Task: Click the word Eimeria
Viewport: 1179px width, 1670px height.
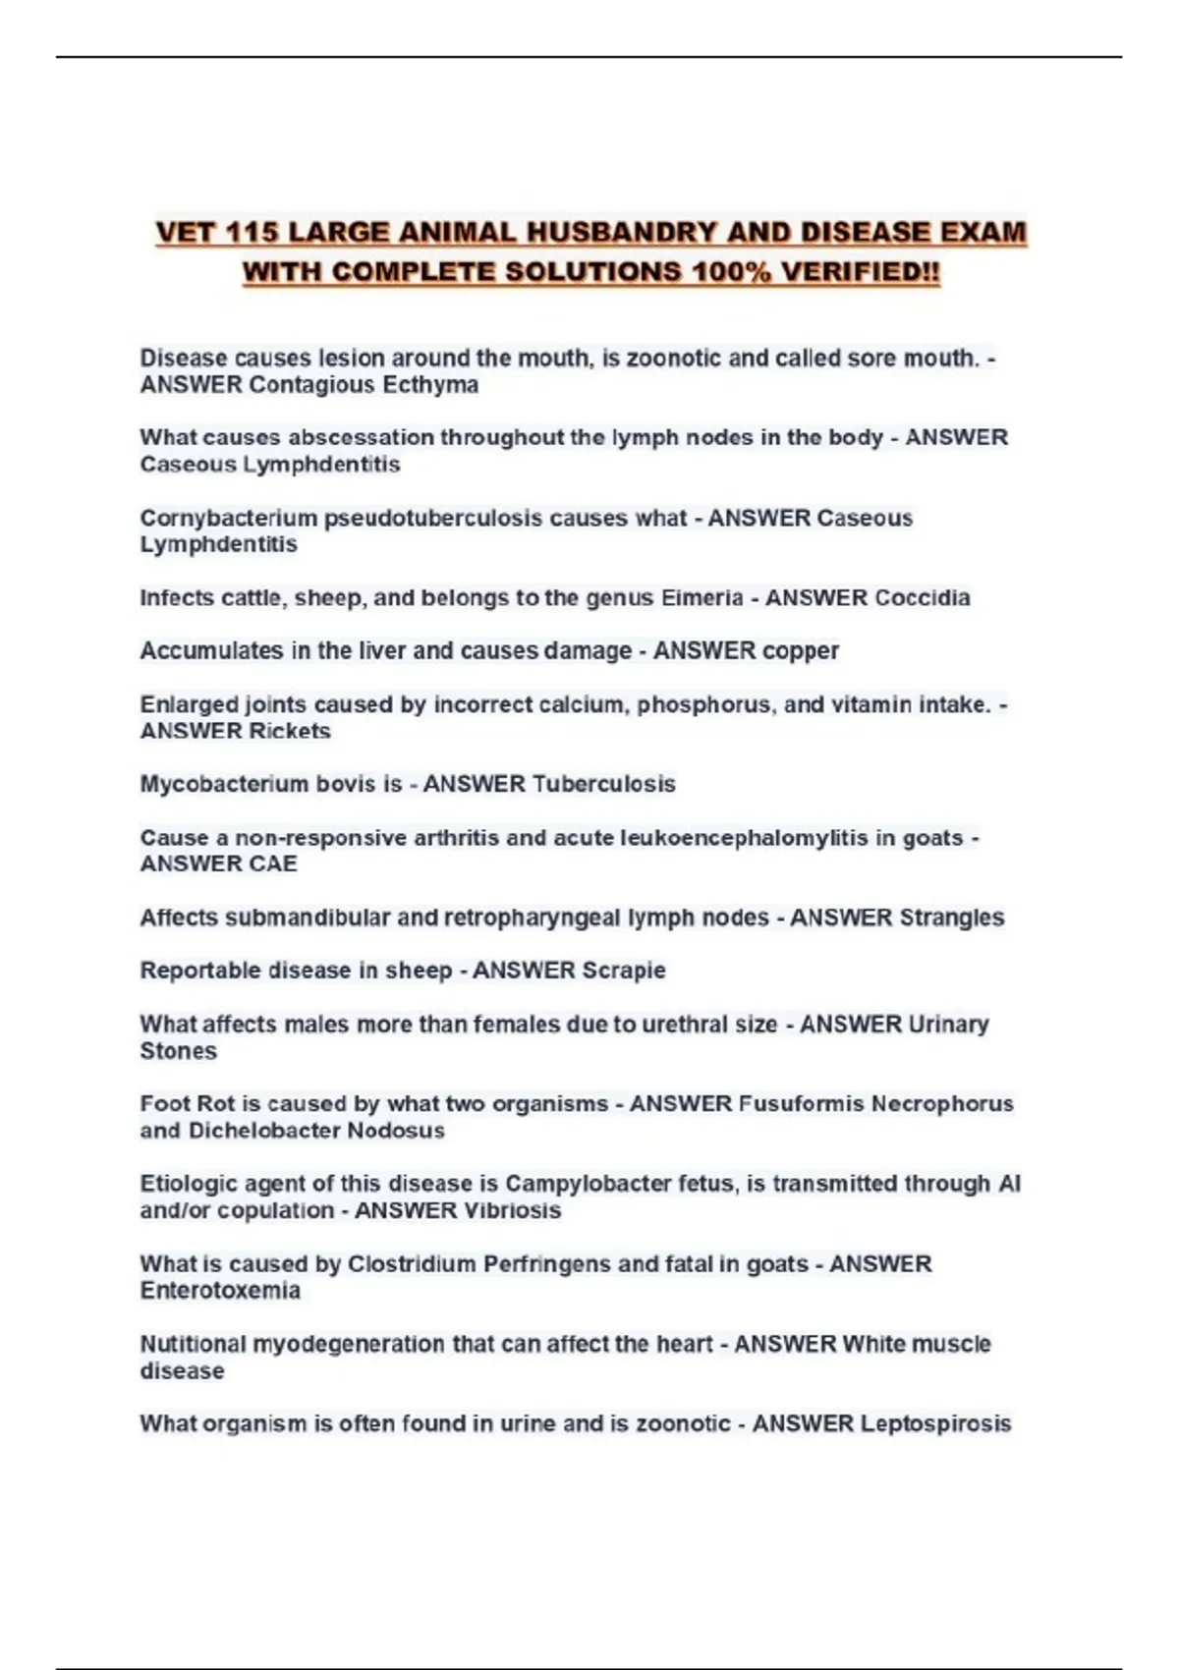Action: (702, 597)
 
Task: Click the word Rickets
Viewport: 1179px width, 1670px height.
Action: (290, 731)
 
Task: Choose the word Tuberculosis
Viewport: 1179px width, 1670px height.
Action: (604, 784)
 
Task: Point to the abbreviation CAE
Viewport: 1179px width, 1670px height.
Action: (273, 863)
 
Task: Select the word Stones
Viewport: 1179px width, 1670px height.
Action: (178, 1051)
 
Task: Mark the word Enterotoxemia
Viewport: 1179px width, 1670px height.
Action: (220, 1291)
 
